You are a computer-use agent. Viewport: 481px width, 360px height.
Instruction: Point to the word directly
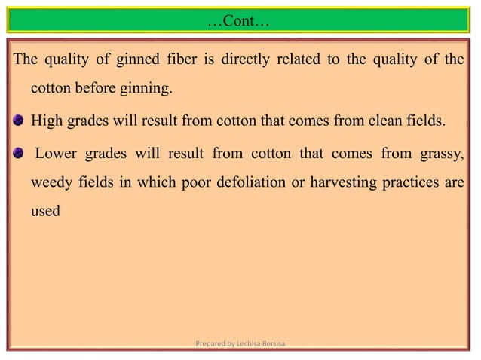[250, 60]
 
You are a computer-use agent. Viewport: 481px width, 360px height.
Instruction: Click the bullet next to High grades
[20, 124]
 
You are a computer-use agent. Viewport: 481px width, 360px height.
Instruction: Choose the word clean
[403, 124]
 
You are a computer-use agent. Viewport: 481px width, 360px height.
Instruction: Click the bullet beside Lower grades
[20, 155]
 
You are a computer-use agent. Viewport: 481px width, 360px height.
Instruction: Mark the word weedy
[50, 186]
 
